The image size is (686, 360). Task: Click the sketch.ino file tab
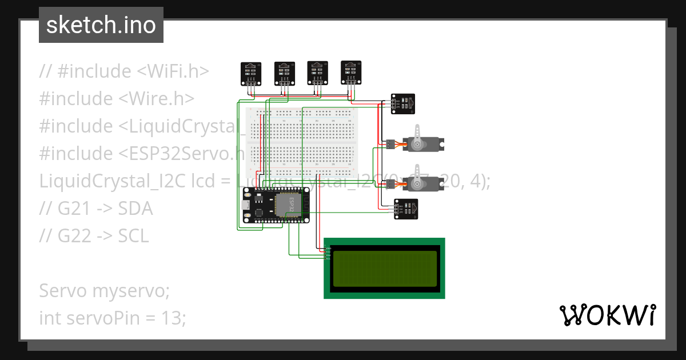[x=101, y=25]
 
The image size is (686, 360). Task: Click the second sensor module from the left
[x=284, y=72]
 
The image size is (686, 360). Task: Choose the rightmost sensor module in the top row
[x=350, y=71]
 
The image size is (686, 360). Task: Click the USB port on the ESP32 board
[x=244, y=206]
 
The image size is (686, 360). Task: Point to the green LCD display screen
[x=384, y=268]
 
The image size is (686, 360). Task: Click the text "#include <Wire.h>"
[x=117, y=98]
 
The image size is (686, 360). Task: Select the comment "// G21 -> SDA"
[x=96, y=209]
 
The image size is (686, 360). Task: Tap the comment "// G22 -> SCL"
[x=94, y=235]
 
